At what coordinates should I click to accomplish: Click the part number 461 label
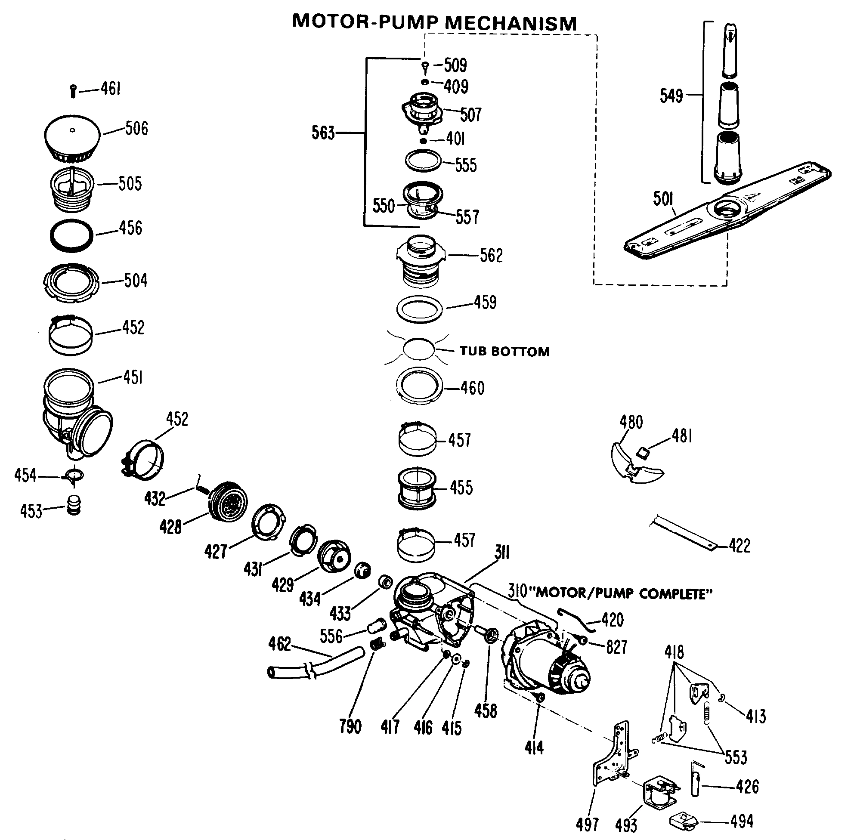[x=111, y=89]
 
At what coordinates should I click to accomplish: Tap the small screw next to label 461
[x=73, y=91]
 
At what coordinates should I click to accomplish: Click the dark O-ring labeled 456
[x=72, y=235]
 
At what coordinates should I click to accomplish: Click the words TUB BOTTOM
[x=504, y=352]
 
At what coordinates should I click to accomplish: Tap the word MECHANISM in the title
[x=511, y=23]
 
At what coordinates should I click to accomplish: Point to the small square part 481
[x=643, y=452]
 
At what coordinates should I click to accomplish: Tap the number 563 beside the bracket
[x=323, y=133]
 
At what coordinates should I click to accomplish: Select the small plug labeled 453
[x=74, y=505]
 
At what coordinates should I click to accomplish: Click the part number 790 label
[x=350, y=726]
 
